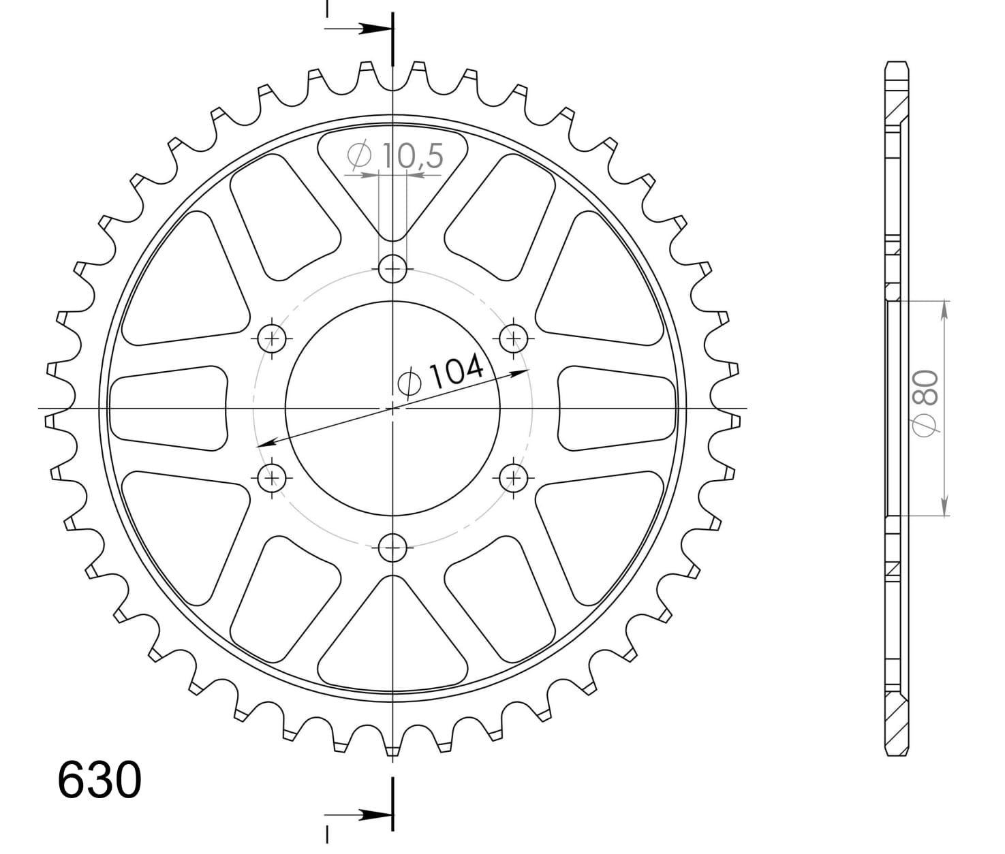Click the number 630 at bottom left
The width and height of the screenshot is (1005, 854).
point(99,780)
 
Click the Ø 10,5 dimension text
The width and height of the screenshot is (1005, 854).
point(395,157)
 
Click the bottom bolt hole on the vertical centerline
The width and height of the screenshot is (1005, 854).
point(392,547)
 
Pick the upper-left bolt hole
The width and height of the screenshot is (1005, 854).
point(273,337)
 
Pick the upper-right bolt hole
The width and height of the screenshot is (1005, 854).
point(513,337)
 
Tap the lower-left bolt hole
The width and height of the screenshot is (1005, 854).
point(273,478)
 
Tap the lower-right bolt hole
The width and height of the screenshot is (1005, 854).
point(513,478)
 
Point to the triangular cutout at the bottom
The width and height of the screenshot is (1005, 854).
point(392,637)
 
